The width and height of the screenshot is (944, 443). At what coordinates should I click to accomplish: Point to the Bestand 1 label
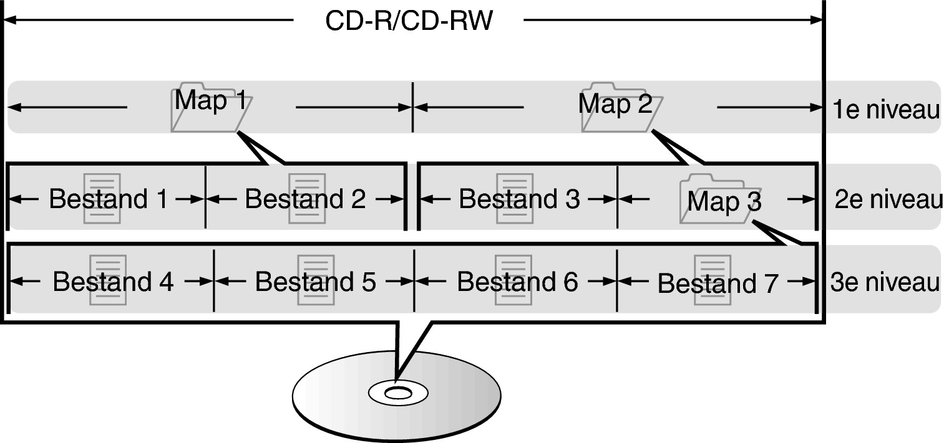pos(108,199)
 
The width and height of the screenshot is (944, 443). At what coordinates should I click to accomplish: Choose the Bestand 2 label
pos(305,199)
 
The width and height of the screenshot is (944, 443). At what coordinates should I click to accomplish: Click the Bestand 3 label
pos(519,199)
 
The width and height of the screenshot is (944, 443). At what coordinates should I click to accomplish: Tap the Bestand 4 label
pos(113,282)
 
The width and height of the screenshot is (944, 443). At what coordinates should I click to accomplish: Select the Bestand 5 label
pos(315,282)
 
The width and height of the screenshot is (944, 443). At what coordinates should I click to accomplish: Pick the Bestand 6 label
pos(517,282)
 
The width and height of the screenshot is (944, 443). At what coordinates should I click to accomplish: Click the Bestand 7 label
pos(718,283)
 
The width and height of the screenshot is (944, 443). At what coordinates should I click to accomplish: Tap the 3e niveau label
pos(885,282)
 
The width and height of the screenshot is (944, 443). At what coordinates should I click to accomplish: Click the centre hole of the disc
pos(397,393)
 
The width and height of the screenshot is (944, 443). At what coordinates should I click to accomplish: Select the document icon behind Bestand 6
pos(513,280)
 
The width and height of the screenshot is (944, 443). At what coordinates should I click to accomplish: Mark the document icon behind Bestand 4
pos(108,280)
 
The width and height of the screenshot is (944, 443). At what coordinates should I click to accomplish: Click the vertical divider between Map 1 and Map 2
pos(412,107)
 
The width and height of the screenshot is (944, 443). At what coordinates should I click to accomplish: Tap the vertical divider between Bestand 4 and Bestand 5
pos(214,280)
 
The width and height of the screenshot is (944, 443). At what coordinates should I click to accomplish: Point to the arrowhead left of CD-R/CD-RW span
pos(9,21)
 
